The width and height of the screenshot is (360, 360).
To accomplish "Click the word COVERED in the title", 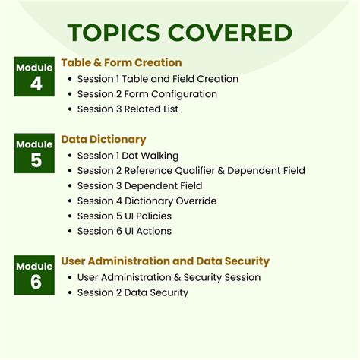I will [232, 33].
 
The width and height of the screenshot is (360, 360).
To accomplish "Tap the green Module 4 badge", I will [34, 76].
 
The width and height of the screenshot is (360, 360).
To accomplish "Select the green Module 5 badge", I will [34, 153].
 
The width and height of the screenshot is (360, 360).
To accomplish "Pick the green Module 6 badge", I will [34, 275].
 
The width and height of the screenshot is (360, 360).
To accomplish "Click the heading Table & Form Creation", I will [122, 63].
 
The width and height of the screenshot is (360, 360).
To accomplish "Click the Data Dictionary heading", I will [103, 140].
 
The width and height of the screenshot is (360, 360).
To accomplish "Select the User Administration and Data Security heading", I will [165, 262].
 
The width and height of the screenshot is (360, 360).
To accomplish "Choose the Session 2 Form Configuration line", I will [147, 94].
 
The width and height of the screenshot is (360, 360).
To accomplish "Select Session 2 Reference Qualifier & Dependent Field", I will [191, 171].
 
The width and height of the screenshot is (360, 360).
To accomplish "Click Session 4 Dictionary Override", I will [147, 201].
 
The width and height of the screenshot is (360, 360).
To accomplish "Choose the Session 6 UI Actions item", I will [125, 232].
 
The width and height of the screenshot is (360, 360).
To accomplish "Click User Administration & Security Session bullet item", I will [169, 278].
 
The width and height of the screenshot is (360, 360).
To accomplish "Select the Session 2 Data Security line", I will [133, 293].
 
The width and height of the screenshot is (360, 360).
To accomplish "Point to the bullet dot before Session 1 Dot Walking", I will [70, 156].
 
